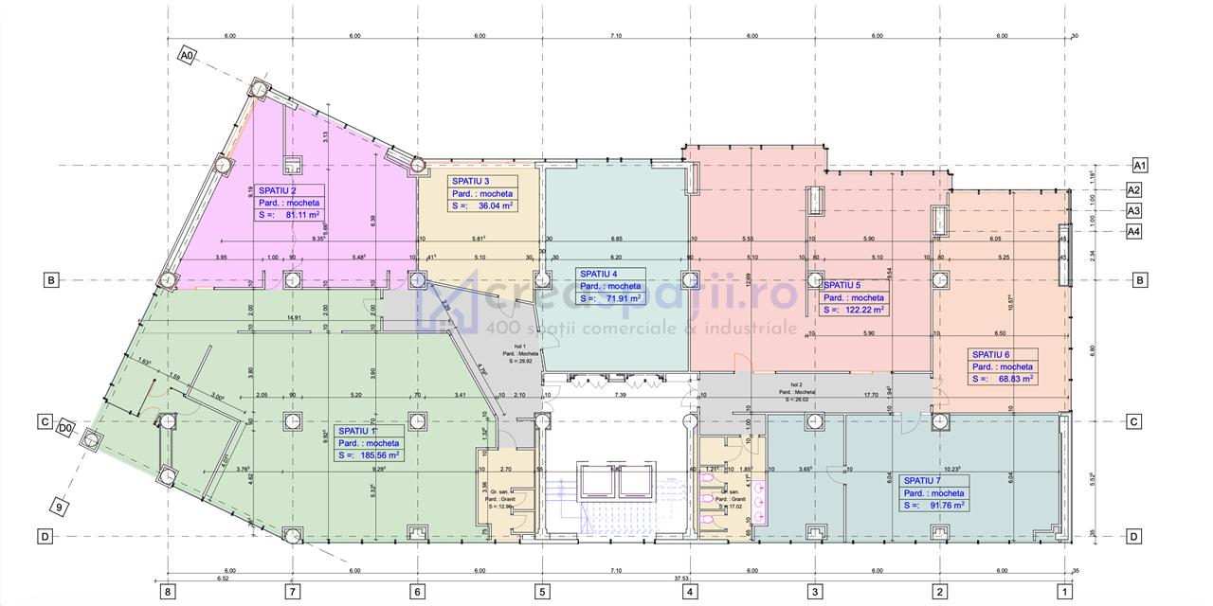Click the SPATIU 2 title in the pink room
277,190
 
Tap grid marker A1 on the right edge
1140,166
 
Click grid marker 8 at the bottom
168,593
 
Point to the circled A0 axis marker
187,56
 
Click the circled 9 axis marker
59,508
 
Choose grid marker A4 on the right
1133,231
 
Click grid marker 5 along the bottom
542,593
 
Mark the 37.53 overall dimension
680,577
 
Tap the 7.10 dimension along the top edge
616,36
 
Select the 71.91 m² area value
617,298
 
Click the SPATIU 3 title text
471,181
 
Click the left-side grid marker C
44,422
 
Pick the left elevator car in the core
597,484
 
